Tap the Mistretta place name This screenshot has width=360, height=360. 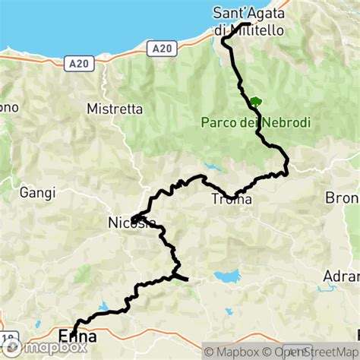(115, 109)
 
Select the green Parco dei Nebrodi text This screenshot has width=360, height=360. (256, 122)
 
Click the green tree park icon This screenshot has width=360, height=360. (255, 101)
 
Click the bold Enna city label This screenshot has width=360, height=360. (77, 335)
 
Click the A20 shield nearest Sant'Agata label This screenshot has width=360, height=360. (159, 49)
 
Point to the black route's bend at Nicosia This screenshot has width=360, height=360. (132, 220)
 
